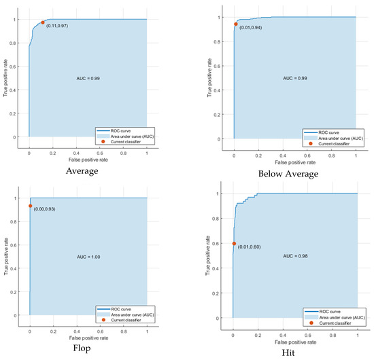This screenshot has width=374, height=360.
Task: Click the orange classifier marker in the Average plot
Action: (x=42, y=22)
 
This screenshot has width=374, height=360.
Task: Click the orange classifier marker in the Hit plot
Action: (x=234, y=243)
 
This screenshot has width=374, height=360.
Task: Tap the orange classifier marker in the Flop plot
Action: (x=30, y=206)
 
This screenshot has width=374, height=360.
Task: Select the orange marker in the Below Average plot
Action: (x=236, y=24)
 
